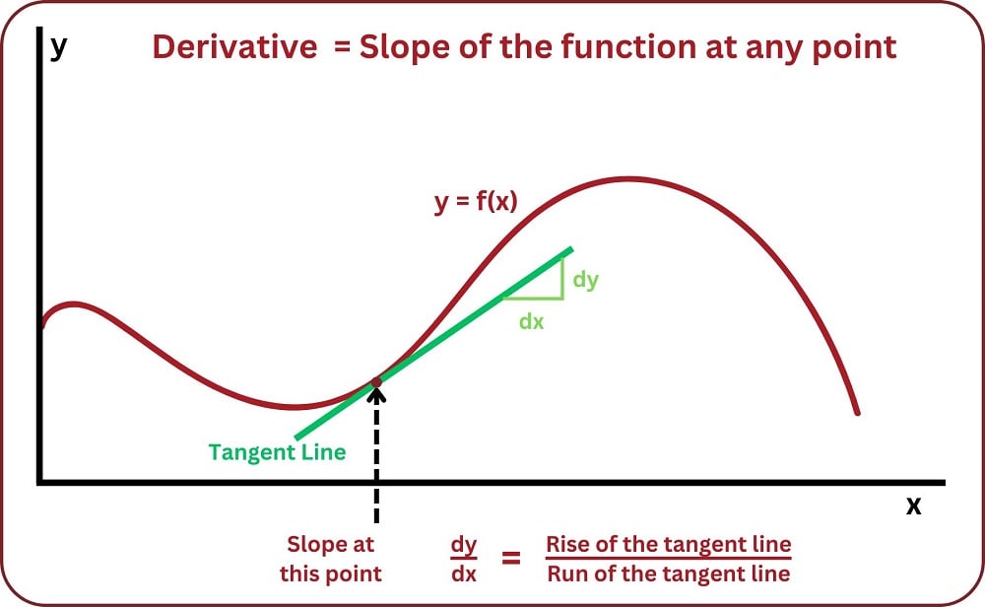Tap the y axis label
click(x=58, y=45)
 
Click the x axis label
click(x=913, y=506)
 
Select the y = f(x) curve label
click(x=476, y=203)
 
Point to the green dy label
click(x=585, y=279)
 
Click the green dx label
click(x=531, y=321)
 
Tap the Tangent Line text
click(x=277, y=452)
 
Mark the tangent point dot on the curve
click(x=376, y=381)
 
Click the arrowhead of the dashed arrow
click(x=376, y=395)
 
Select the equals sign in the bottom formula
click(x=511, y=559)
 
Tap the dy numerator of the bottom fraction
click(x=463, y=544)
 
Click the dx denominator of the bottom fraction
click(x=463, y=574)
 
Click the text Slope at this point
click(x=330, y=559)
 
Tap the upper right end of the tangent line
click(x=569, y=249)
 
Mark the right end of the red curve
click(x=857, y=412)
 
